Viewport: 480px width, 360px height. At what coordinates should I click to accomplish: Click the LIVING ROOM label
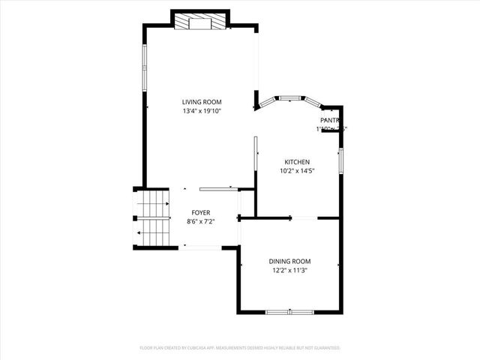click(x=202, y=102)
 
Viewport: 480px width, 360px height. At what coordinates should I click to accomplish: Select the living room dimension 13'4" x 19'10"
click(x=202, y=111)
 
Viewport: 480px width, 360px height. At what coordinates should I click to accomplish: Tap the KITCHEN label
click(x=296, y=162)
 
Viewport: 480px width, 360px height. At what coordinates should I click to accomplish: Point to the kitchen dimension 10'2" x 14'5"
click(x=296, y=171)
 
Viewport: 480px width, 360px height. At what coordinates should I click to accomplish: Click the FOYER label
click(x=200, y=213)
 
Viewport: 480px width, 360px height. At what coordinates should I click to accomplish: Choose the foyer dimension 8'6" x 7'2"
click(x=200, y=221)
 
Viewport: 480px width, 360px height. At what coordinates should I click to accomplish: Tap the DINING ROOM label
click(x=289, y=261)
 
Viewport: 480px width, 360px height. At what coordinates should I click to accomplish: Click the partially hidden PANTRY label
click(x=330, y=120)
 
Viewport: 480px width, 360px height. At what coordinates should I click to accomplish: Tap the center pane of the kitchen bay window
click(x=291, y=97)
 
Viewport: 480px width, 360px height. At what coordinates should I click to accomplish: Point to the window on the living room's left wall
click(x=144, y=67)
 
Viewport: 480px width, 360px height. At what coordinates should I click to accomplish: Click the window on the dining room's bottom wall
click(x=289, y=311)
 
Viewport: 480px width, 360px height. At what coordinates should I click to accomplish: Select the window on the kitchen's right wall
click(x=340, y=160)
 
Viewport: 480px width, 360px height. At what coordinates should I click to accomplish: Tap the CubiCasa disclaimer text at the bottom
click(x=240, y=348)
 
